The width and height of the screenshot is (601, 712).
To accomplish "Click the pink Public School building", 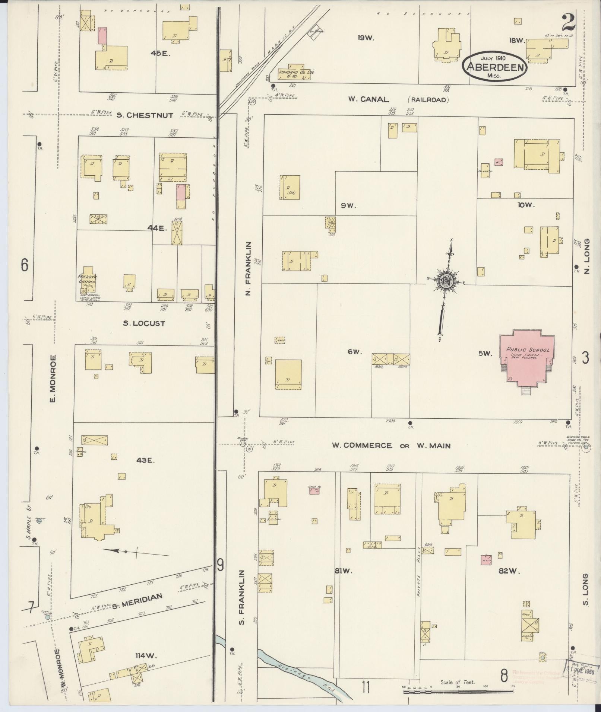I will click(x=526, y=358).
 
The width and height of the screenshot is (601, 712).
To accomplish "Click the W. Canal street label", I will click(x=368, y=99).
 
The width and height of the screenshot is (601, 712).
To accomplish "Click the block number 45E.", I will click(x=160, y=53).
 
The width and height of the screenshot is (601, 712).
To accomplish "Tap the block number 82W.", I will click(x=509, y=572).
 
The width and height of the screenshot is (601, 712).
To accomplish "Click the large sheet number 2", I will click(x=569, y=23).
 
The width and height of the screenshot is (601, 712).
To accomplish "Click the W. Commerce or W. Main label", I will click(x=391, y=446).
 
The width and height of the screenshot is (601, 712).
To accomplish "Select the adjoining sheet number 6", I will click(x=25, y=265).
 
